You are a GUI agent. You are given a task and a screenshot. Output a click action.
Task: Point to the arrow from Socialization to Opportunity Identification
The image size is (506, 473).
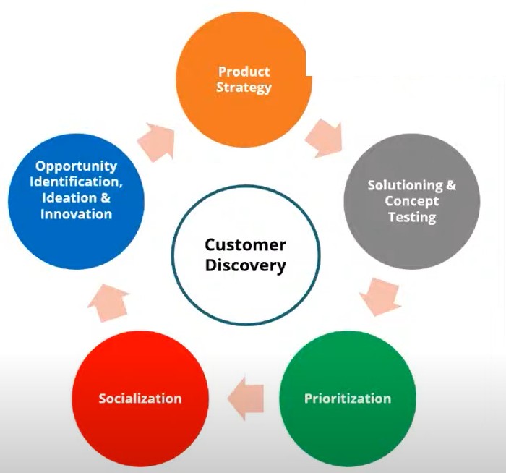(109, 302)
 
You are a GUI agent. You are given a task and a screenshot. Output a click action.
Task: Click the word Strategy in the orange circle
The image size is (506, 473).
(244, 88)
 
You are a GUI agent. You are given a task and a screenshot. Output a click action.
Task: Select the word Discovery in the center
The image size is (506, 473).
(245, 265)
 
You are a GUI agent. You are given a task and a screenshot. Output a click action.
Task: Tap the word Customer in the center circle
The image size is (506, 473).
(245, 244)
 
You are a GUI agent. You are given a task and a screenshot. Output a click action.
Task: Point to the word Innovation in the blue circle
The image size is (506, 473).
(76, 213)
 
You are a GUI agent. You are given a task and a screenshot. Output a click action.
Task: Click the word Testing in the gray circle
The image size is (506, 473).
(411, 217)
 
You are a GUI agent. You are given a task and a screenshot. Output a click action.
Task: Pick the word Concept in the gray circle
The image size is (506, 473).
(411, 201)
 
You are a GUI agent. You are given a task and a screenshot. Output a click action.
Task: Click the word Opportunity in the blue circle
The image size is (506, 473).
(76, 166)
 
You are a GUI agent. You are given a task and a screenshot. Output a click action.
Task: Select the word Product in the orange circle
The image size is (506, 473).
(244, 72)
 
